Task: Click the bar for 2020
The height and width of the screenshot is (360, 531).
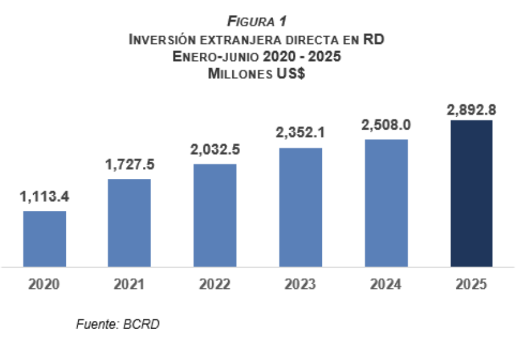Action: coord(44,239)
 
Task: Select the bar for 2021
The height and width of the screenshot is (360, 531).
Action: coord(129,223)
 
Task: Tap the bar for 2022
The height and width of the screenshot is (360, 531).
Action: coord(215,215)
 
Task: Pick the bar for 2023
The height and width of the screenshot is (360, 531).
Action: coord(300,207)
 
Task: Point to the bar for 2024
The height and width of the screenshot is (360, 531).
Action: coord(386,203)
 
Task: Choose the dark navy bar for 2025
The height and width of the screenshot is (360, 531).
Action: coord(472,194)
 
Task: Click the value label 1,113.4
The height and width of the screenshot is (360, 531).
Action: coord(44,198)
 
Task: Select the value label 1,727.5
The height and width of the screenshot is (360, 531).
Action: coord(129,166)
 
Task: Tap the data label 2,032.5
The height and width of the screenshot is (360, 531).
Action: coord(215,150)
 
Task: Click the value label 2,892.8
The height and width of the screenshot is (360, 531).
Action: coord(472,109)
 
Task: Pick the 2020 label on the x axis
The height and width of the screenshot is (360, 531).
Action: coord(44,285)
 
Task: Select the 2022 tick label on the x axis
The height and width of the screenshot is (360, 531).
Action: coord(215,285)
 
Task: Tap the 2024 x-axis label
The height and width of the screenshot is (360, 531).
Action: coord(386,285)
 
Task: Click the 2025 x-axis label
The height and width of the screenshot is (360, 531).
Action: coord(472,285)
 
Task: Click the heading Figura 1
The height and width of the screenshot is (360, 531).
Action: coord(257,22)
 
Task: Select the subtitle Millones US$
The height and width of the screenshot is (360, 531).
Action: coord(257,74)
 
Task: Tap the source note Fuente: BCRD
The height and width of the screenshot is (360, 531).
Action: coord(119,324)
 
